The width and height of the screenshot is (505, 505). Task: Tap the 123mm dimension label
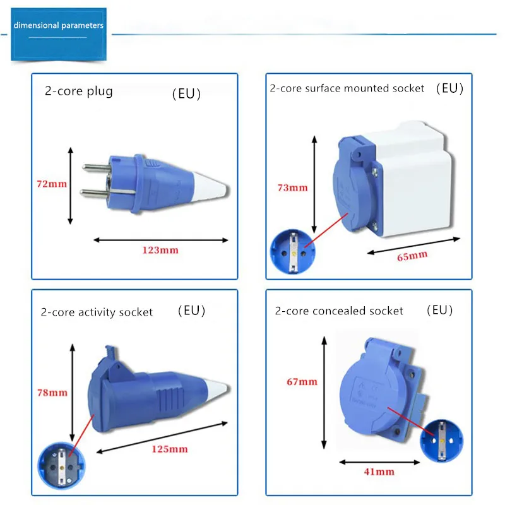click(x=160, y=250)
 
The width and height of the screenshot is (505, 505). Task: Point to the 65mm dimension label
click(x=413, y=256)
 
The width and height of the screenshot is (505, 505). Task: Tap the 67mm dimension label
click(x=302, y=382)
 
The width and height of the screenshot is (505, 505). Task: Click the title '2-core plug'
click(x=78, y=91)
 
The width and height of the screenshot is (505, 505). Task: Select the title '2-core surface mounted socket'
click(x=347, y=88)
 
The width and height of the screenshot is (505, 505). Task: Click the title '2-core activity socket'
click(x=97, y=312)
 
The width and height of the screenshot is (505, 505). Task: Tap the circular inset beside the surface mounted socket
click(x=292, y=251)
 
